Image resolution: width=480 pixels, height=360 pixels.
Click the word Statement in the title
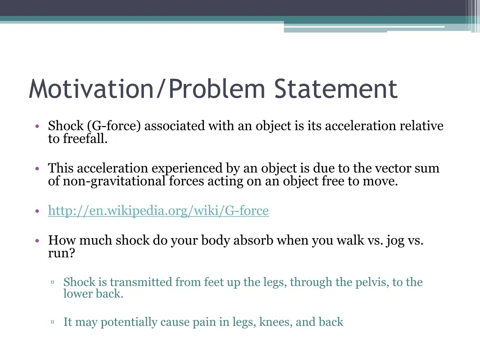tap(336, 89)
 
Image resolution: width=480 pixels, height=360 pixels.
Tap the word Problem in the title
tap(217, 89)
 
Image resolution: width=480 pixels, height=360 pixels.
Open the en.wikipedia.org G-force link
tap(158, 211)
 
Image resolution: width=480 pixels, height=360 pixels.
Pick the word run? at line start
tap(61, 254)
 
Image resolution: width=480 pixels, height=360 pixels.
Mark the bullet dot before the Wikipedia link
tap(37, 211)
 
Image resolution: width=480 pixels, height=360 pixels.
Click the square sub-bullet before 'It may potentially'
tap(53, 322)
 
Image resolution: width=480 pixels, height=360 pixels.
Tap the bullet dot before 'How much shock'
tap(37, 241)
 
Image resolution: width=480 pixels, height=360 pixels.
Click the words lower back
tap(93, 294)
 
